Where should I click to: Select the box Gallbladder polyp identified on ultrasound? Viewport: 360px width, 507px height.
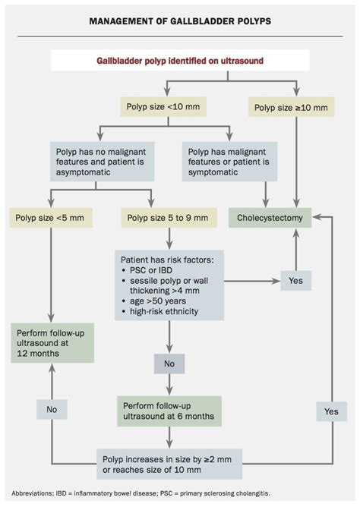[180, 61]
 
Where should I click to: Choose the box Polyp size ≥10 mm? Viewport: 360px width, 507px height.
[292, 108]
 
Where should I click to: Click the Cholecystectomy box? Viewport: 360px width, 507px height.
[270, 219]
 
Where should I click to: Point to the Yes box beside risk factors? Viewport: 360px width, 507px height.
[295, 281]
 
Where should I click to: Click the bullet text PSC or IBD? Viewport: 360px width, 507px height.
[153, 272]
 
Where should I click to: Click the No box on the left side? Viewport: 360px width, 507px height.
[52, 410]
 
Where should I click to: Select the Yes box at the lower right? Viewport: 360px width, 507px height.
[331, 411]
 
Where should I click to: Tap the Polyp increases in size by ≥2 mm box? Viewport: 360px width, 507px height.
[179, 460]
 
